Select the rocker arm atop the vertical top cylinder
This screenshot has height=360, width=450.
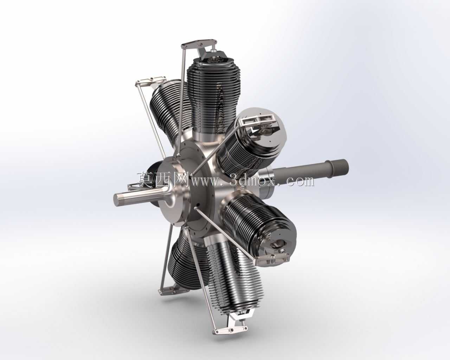(x=199, y=43)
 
